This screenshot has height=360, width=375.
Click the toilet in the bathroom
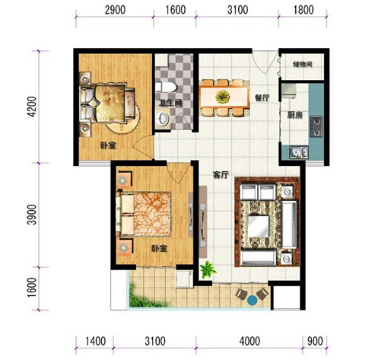click(166, 87)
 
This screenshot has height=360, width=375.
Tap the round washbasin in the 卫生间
click(163, 118)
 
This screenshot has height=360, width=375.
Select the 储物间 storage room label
click(302, 65)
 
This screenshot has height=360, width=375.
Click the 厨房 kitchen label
click(295, 115)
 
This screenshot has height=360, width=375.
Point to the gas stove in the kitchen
click(316, 126)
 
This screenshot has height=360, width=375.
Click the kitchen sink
click(299, 152)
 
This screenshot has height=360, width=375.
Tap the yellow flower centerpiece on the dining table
click(223, 97)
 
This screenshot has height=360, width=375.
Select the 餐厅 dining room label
click(262, 98)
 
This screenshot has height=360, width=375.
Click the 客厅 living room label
click(221, 175)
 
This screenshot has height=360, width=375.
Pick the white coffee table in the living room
click(259, 226)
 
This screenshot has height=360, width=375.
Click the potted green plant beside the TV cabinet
click(208, 269)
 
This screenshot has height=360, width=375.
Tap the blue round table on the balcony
click(253, 301)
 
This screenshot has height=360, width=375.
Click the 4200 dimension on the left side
click(33, 107)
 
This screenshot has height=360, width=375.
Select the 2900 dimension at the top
click(115, 10)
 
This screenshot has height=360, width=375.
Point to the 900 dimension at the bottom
click(315, 341)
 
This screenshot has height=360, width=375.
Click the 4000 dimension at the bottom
click(249, 341)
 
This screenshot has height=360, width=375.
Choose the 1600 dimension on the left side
click(33, 288)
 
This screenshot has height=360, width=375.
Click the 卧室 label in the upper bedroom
click(108, 146)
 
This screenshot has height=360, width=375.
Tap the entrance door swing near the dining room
click(265, 62)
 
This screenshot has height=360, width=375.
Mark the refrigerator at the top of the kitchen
click(289, 91)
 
